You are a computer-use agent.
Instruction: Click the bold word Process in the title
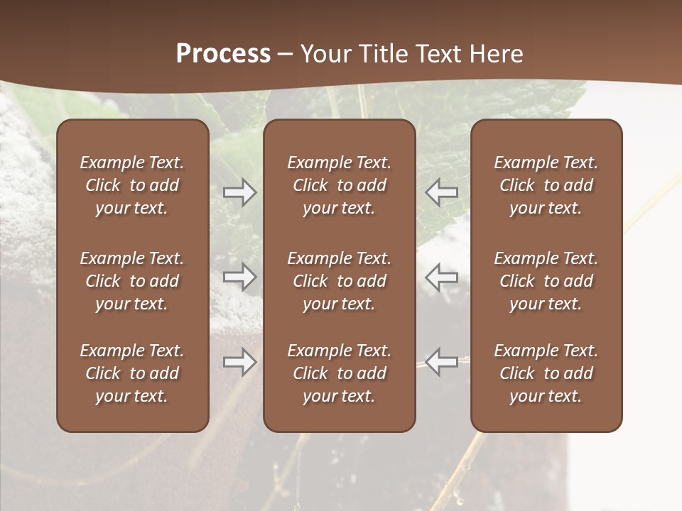(x=223, y=54)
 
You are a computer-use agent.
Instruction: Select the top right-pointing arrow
(x=239, y=192)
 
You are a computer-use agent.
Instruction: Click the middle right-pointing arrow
(x=239, y=277)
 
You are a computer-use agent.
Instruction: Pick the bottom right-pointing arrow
(x=239, y=362)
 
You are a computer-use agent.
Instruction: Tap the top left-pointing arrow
(x=442, y=192)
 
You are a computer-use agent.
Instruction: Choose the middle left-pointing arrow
(x=442, y=277)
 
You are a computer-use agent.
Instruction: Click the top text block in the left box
(x=132, y=185)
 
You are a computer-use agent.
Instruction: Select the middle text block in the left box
(x=132, y=281)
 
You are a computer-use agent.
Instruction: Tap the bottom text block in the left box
(x=132, y=373)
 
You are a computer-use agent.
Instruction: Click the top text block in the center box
(x=340, y=185)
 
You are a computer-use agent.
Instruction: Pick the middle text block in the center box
(x=340, y=281)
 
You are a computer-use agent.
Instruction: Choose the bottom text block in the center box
(x=340, y=373)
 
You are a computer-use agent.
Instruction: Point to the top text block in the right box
(x=546, y=185)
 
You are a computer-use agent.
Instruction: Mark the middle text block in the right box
(x=546, y=281)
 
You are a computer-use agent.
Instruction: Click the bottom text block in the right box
(x=546, y=373)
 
